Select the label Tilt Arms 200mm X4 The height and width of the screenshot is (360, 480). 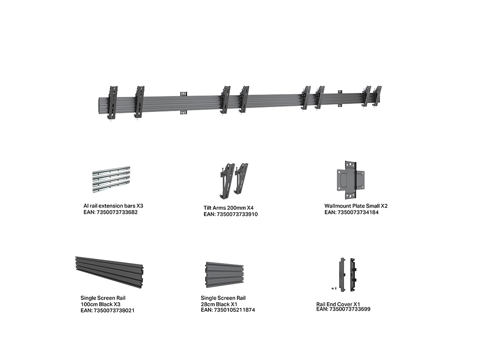point(229,208)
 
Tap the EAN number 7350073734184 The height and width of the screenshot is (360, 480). point(358,212)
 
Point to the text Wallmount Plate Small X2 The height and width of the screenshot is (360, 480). point(356,206)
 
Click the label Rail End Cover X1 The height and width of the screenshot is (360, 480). point(338,304)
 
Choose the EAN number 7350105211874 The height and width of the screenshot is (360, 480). point(234,310)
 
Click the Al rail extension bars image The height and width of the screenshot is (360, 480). point(112,180)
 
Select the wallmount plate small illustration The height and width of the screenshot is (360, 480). point(351,180)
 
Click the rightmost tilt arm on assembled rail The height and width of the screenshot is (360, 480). point(377,96)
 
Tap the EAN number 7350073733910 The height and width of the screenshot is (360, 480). point(237,214)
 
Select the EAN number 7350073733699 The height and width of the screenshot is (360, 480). point(350,309)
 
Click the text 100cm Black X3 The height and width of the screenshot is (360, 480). point(100,304)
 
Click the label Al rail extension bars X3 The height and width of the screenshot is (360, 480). point(113,206)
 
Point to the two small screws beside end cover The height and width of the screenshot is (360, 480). point(334,289)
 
